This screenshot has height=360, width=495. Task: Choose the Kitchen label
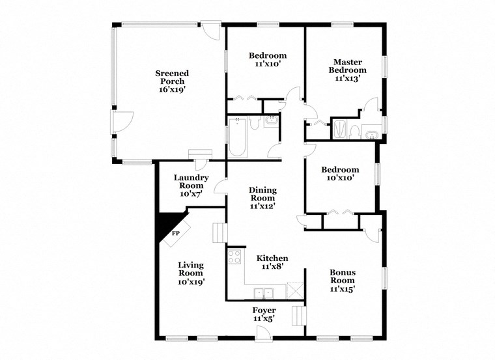272,262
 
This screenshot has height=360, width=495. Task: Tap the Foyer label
264,314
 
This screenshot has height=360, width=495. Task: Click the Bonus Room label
342,280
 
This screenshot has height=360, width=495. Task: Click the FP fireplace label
176,233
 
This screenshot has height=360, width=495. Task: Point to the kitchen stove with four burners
234,256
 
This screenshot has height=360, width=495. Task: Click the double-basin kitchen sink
264,292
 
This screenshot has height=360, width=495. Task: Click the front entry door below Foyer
264,333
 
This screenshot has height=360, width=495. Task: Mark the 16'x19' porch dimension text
172,90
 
